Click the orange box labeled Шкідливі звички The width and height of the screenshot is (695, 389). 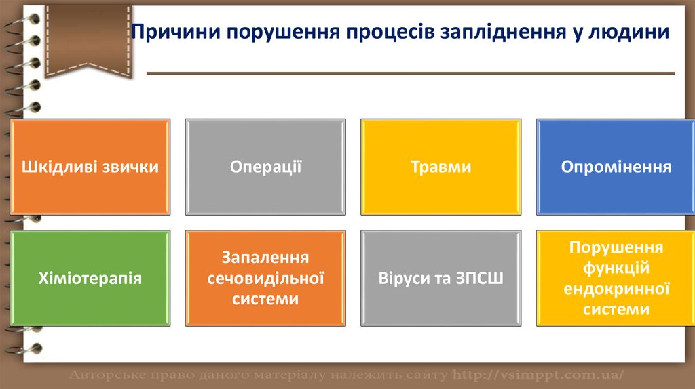[x=90, y=167]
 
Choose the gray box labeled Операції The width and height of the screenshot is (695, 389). [x=265, y=167]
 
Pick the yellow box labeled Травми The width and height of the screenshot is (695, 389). [x=441, y=167]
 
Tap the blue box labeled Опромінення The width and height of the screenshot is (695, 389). [x=616, y=167]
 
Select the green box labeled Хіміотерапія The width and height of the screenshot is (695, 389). [x=90, y=278]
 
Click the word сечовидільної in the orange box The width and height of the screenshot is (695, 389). [x=265, y=279]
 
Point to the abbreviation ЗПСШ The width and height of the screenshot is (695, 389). [x=480, y=279]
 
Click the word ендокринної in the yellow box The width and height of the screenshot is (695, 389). [x=616, y=289]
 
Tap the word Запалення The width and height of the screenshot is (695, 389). [x=265, y=258]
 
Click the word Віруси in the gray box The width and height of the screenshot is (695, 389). [x=403, y=279]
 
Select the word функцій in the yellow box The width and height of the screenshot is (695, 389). [x=616, y=268]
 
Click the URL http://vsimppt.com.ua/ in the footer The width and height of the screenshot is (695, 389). [x=538, y=375]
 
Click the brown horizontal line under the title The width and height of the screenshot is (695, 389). [x=411, y=73]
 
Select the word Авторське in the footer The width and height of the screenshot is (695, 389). [x=108, y=375]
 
